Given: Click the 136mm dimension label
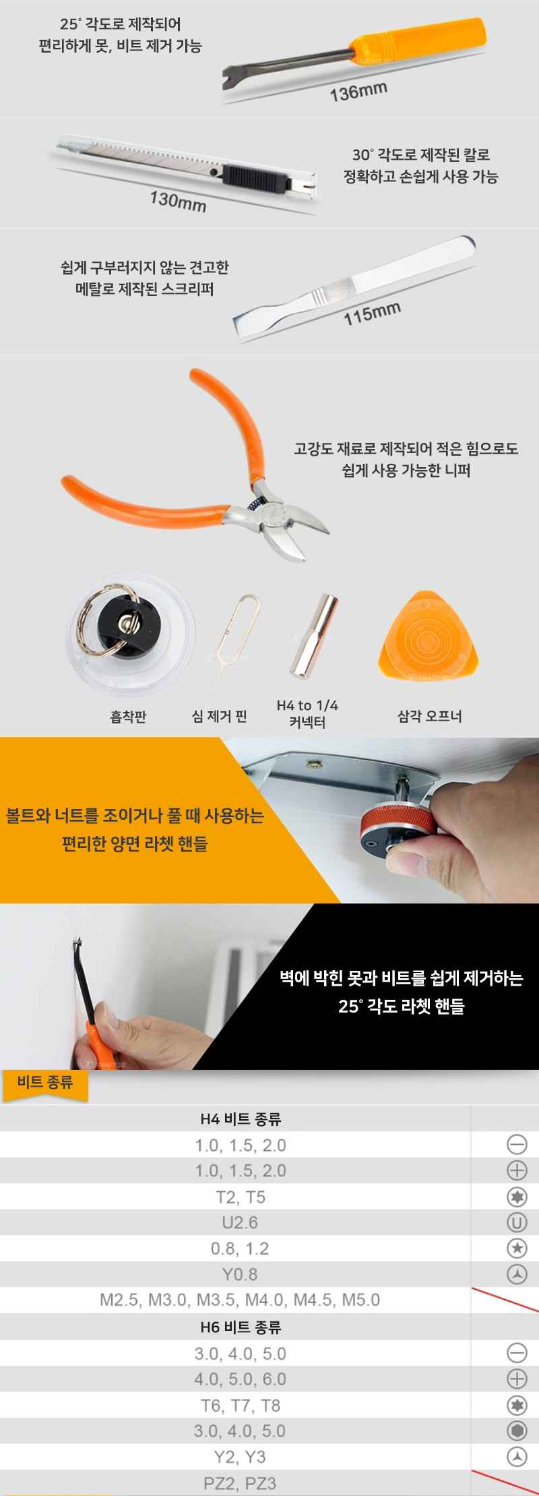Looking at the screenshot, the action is click(358, 91).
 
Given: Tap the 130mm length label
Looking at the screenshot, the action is click(178, 200).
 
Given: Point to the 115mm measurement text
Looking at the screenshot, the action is click(372, 313).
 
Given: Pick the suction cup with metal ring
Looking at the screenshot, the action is click(130, 634).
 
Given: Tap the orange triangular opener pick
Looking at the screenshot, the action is click(429, 636).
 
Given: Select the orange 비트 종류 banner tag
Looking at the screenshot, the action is click(45, 1083).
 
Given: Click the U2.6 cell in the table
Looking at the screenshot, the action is click(240, 1222).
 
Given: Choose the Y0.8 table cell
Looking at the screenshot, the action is click(240, 1274).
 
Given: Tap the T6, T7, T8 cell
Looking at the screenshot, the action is click(241, 1405).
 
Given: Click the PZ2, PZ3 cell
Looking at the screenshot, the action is click(240, 1483).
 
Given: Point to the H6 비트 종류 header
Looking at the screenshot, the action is click(241, 1327).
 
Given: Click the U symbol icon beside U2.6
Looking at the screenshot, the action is click(517, 1222).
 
